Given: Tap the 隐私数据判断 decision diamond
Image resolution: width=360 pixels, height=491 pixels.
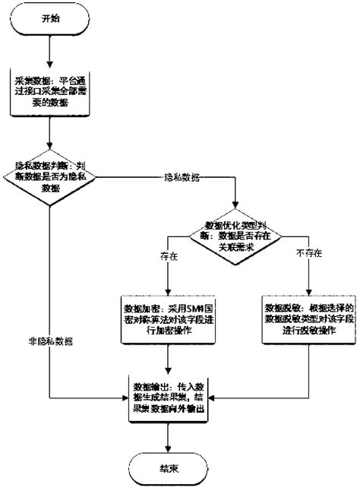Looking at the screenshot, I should point(50,176).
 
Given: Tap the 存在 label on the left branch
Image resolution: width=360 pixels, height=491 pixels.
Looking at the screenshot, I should point(169,258).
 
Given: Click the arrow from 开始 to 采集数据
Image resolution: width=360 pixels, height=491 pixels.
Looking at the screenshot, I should point(50,49).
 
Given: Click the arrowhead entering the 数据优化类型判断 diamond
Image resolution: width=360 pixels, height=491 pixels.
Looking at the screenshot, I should point(234,207).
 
